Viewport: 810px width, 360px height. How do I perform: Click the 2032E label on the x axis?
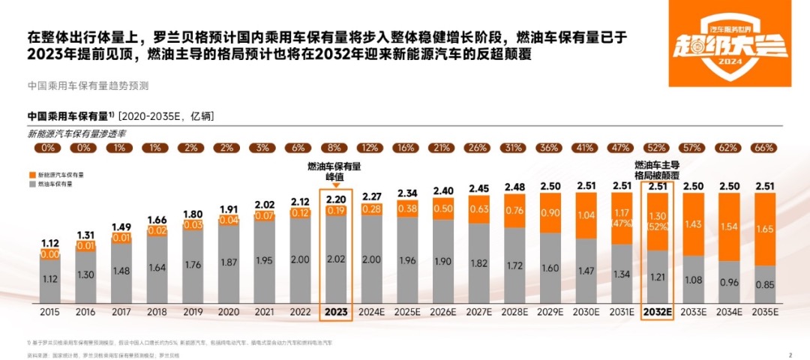pos(657,309)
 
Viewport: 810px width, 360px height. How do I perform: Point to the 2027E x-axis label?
pos(478,309)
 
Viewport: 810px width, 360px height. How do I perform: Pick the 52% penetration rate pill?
pos(657,148)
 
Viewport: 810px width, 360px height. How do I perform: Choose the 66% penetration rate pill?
pos(763,148)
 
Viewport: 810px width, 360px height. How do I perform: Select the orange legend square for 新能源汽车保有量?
pos(31,174)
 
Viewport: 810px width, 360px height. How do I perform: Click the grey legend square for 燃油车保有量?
pos(31,183)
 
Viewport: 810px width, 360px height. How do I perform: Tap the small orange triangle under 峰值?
pos(335,184)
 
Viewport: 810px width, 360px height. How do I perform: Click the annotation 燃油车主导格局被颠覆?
pos(657,169)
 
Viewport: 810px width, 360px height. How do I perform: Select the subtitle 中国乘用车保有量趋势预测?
pos(88,85)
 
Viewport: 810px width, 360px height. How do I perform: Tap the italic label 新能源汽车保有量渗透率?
pos(76,133)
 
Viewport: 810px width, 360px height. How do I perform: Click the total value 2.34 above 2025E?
pos(407,193)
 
